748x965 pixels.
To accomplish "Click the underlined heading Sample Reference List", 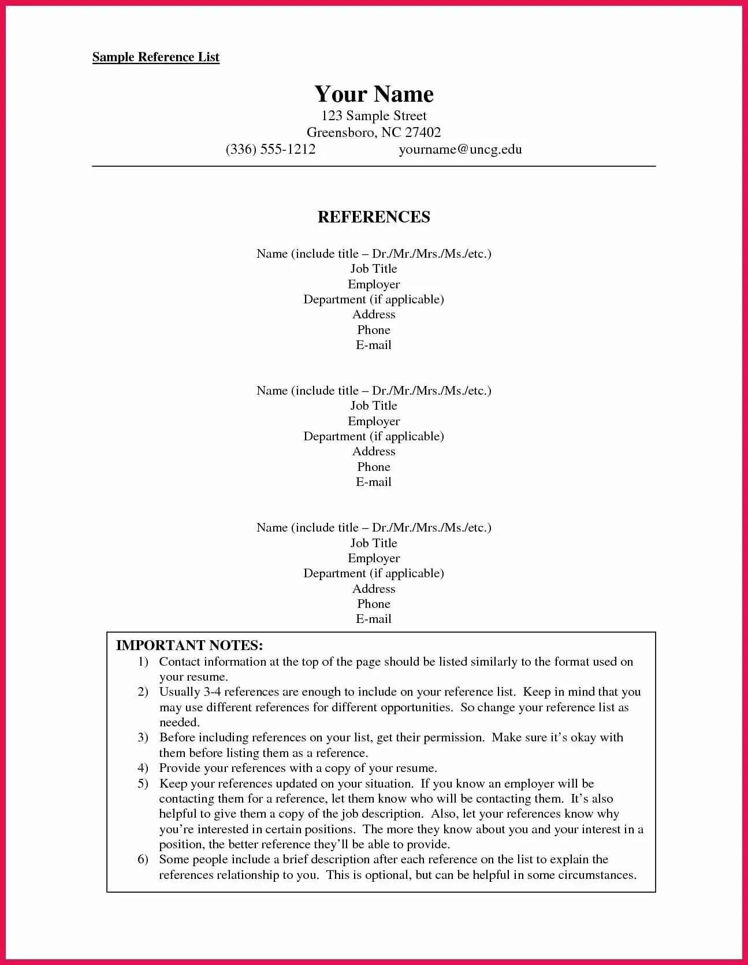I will [x=156, y=57].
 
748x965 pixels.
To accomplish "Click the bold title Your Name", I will [x=374, y=94].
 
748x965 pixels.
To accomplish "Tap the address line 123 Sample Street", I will [x=374, y=116].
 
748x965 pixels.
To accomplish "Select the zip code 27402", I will [x=423, y=132].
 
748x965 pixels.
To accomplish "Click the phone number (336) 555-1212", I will [x=270, y=149].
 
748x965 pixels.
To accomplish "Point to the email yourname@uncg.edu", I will [x=460, y=149].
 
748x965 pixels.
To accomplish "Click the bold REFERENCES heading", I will [x=374, y=217].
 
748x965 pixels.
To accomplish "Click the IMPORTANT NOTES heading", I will [x=189, y=645].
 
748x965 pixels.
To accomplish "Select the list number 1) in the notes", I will [x=143, y=662].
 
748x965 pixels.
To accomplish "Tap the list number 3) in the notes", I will [x=143, y=737].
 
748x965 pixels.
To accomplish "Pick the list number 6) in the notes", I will [x=143, y=859].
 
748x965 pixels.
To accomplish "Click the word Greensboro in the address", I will [x=340, y=132].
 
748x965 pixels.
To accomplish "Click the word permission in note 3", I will [x=453, y=737].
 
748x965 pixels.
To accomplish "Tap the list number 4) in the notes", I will [x=143, y=768].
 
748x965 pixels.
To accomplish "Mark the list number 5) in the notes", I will [x=143, y=784].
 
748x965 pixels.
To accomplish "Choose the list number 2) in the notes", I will [x=143, y=692].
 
